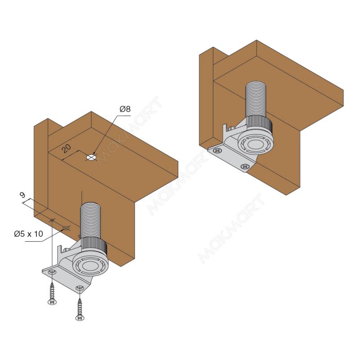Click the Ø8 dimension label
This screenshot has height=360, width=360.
(125, 109)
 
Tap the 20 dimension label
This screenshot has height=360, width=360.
(67, 149)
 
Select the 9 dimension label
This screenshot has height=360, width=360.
(22, 195)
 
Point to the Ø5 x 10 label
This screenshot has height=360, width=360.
(28, 234)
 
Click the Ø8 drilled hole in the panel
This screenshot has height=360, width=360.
(91, 157)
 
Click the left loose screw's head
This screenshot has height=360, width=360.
(52, 302)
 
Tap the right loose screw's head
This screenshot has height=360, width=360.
(80, 318)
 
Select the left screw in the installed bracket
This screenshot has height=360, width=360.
(218, 151)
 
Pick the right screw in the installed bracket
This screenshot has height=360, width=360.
(245, 166)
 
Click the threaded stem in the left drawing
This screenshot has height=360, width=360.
(90, 220)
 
